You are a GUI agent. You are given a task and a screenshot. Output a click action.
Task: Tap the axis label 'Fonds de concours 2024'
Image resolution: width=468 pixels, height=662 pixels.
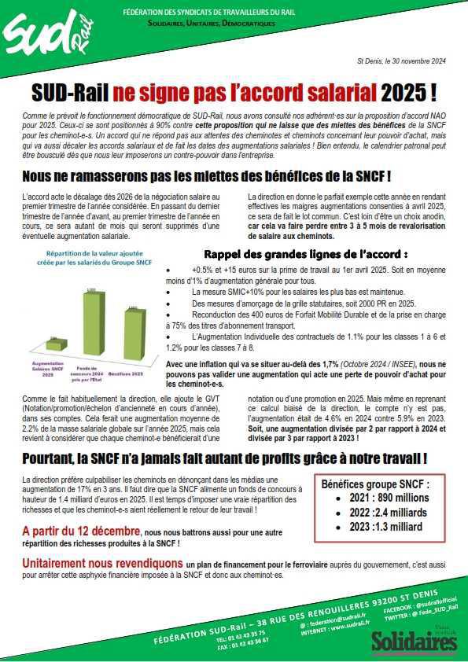pyautogui.click(x=90, y=369)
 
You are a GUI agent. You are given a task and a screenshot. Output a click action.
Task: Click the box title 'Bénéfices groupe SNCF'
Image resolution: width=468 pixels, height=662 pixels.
pyautogui.click(x=376, y=485)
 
